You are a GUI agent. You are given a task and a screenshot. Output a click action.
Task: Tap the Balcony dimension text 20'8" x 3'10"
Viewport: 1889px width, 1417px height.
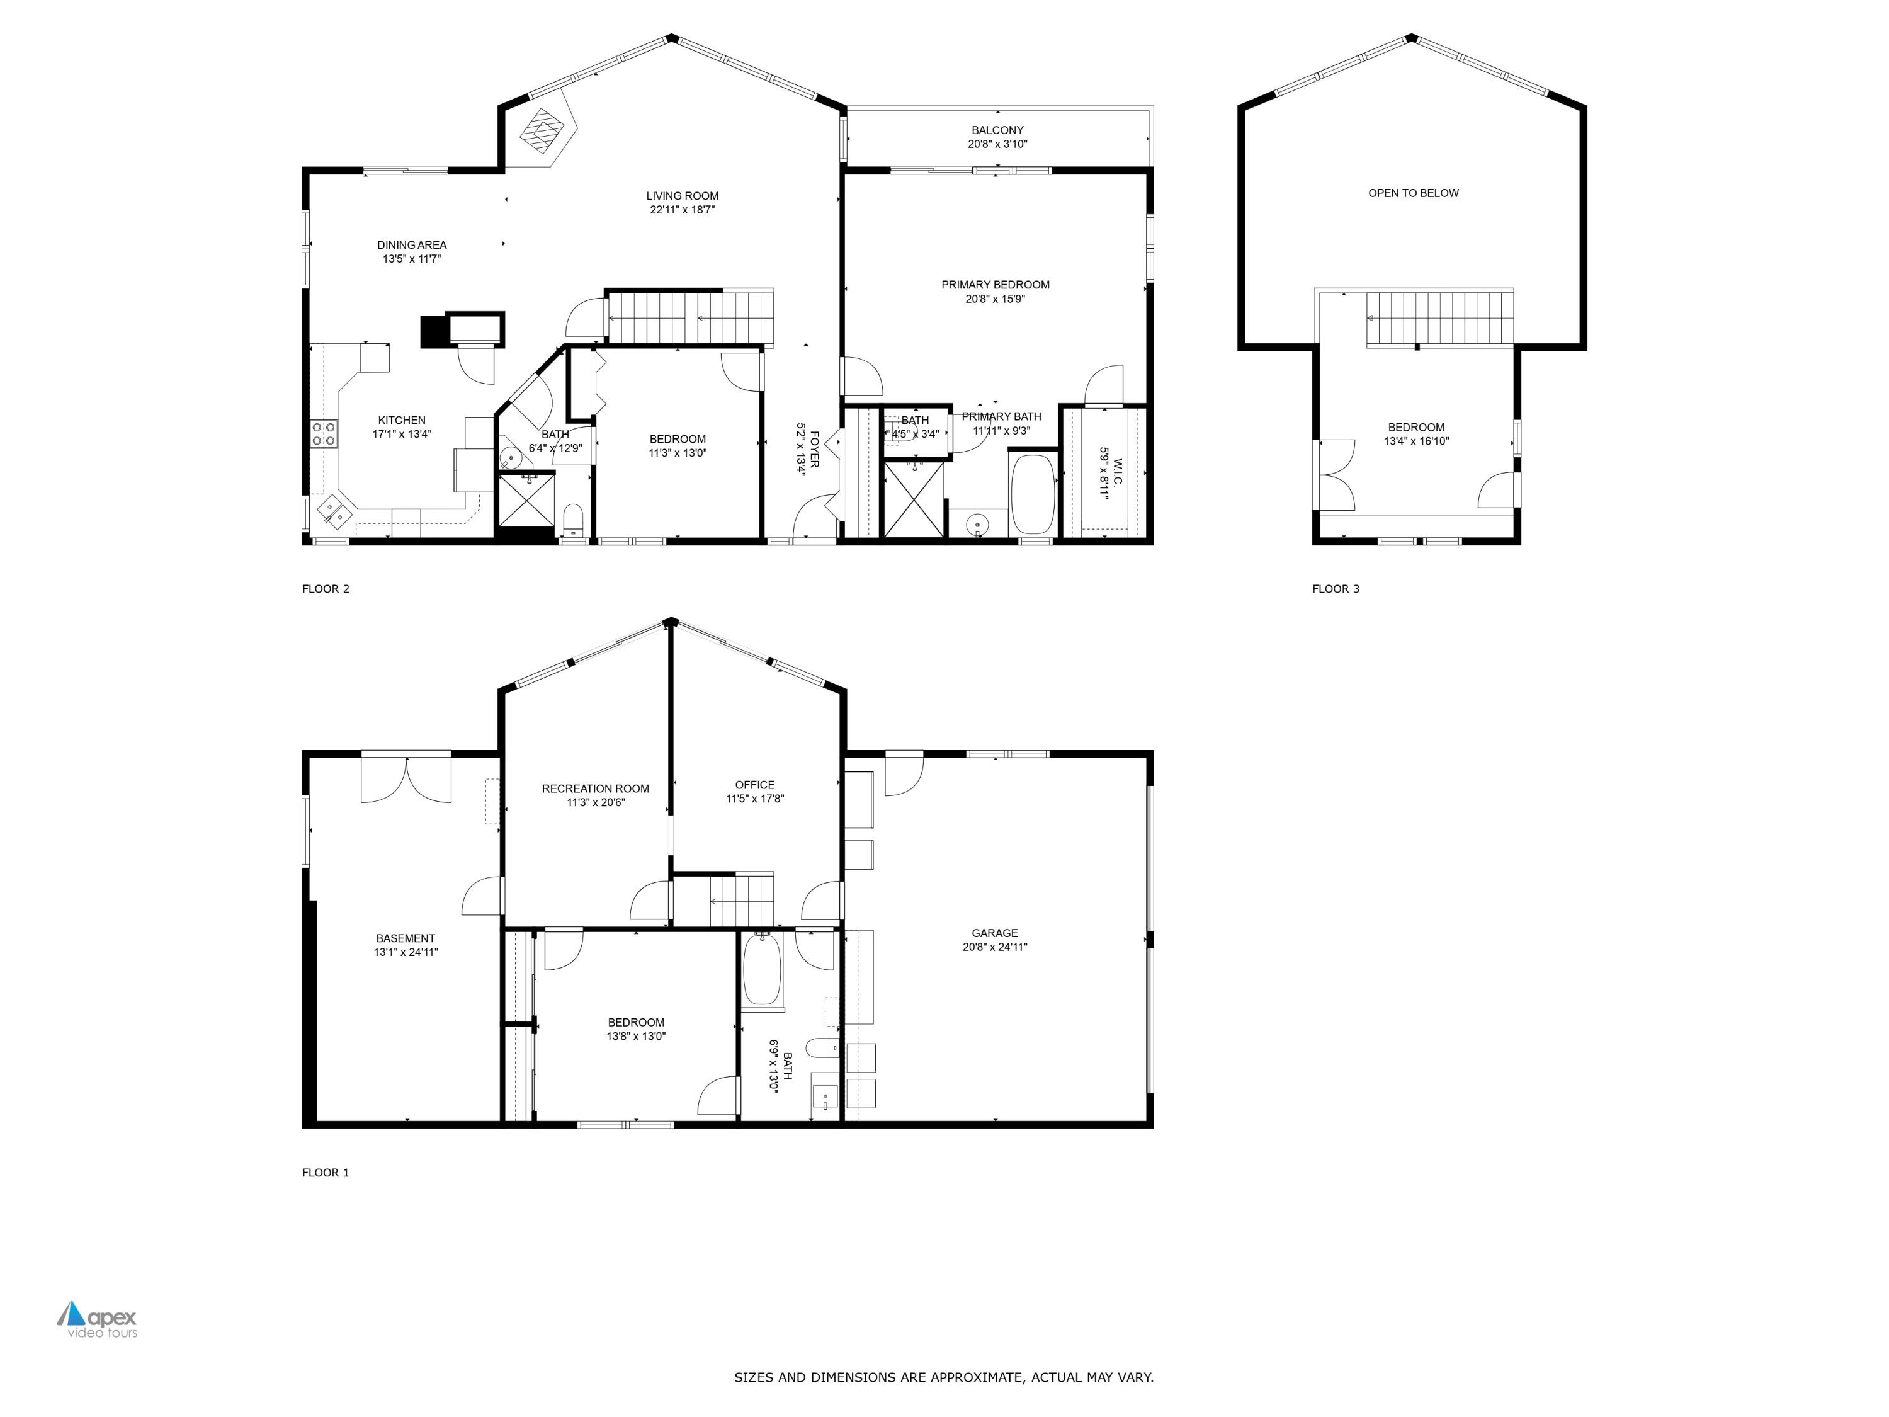point(997,144)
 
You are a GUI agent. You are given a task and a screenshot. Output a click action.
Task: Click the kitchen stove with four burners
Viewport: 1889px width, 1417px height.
point(324,434)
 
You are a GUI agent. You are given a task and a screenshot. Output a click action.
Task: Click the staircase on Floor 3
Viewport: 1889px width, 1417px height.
point(1440,318)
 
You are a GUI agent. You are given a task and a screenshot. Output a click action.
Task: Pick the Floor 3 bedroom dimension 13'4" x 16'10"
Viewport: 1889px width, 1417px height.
point(1416,441)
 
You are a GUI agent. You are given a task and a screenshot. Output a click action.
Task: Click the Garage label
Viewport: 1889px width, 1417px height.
point(994,933)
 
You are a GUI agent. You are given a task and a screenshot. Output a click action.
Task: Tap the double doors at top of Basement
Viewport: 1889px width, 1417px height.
point(406,779)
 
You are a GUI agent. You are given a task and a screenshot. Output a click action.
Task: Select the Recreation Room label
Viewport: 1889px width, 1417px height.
point(595,788)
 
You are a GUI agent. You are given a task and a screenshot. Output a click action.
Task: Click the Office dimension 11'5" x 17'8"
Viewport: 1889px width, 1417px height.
point(755,799)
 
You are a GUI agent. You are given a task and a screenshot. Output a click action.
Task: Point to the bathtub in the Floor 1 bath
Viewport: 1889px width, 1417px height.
point(762,970)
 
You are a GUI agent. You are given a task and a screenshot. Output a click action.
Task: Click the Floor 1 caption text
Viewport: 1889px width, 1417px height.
point(326,1173)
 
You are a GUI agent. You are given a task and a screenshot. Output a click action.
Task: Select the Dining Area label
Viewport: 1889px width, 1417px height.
point(412,245)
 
